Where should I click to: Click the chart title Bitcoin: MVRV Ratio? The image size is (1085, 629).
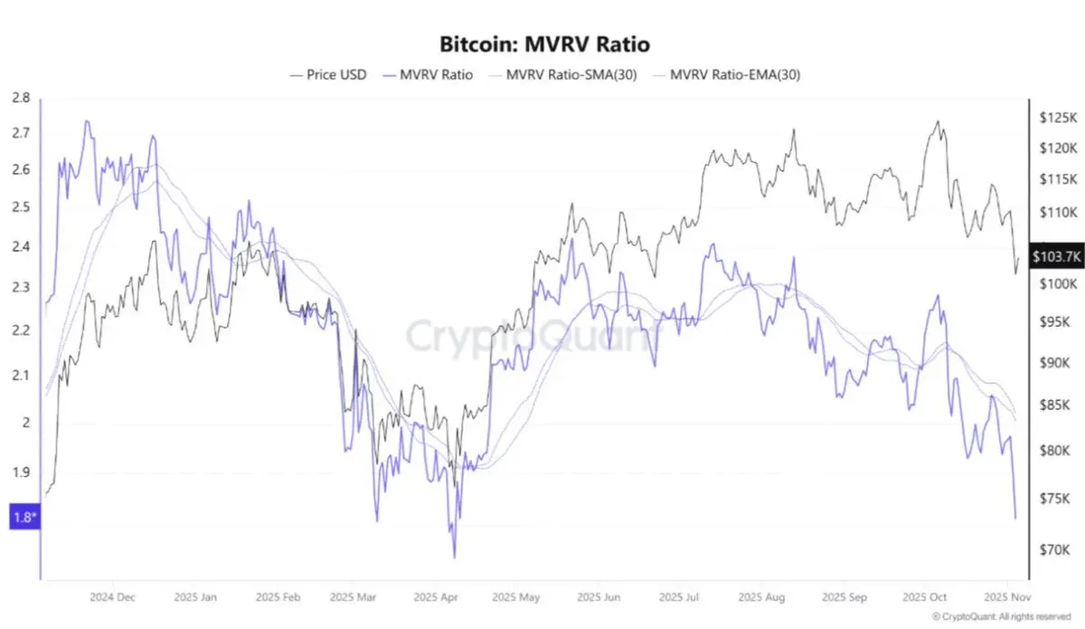click(544, 43)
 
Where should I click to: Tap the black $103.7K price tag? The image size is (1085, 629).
click(1056, 258)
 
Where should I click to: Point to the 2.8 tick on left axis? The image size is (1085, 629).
click(21, 99)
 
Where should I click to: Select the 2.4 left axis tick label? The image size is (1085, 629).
click(21, 246)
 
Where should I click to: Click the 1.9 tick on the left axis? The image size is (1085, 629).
click(21, 472)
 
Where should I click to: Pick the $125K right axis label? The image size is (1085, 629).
click(1058, 118)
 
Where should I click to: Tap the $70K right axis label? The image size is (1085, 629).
click(1055, 548)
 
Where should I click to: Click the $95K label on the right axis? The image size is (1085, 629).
click(1055, 322)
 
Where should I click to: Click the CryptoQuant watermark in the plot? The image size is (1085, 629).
click(533, 337)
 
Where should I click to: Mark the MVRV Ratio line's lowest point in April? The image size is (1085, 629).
click(454, 558)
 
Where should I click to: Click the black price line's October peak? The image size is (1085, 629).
click(938, 121)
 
